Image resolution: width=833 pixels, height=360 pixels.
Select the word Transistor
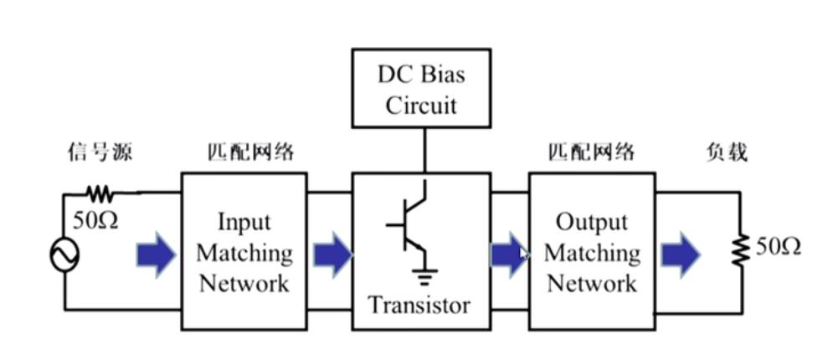point(419,305)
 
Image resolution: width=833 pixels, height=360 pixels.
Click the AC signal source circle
point(64,254)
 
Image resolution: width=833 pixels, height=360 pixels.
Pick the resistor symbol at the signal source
point(100,194)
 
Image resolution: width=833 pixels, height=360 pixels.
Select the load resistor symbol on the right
point(740,249)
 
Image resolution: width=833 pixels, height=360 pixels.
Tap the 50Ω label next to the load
point(779,247)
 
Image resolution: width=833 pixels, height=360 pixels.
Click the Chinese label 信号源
point(100,153)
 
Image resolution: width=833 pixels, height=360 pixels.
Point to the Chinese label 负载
point(726,153)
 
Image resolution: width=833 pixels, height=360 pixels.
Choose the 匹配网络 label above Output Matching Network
point(592,153)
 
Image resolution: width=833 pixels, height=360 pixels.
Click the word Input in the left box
point(244,223)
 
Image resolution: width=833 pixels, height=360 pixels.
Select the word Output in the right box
point(591,223)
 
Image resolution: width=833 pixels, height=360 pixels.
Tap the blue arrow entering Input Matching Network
point(156,254)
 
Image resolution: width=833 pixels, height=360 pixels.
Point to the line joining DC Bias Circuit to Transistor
point(424,147)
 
